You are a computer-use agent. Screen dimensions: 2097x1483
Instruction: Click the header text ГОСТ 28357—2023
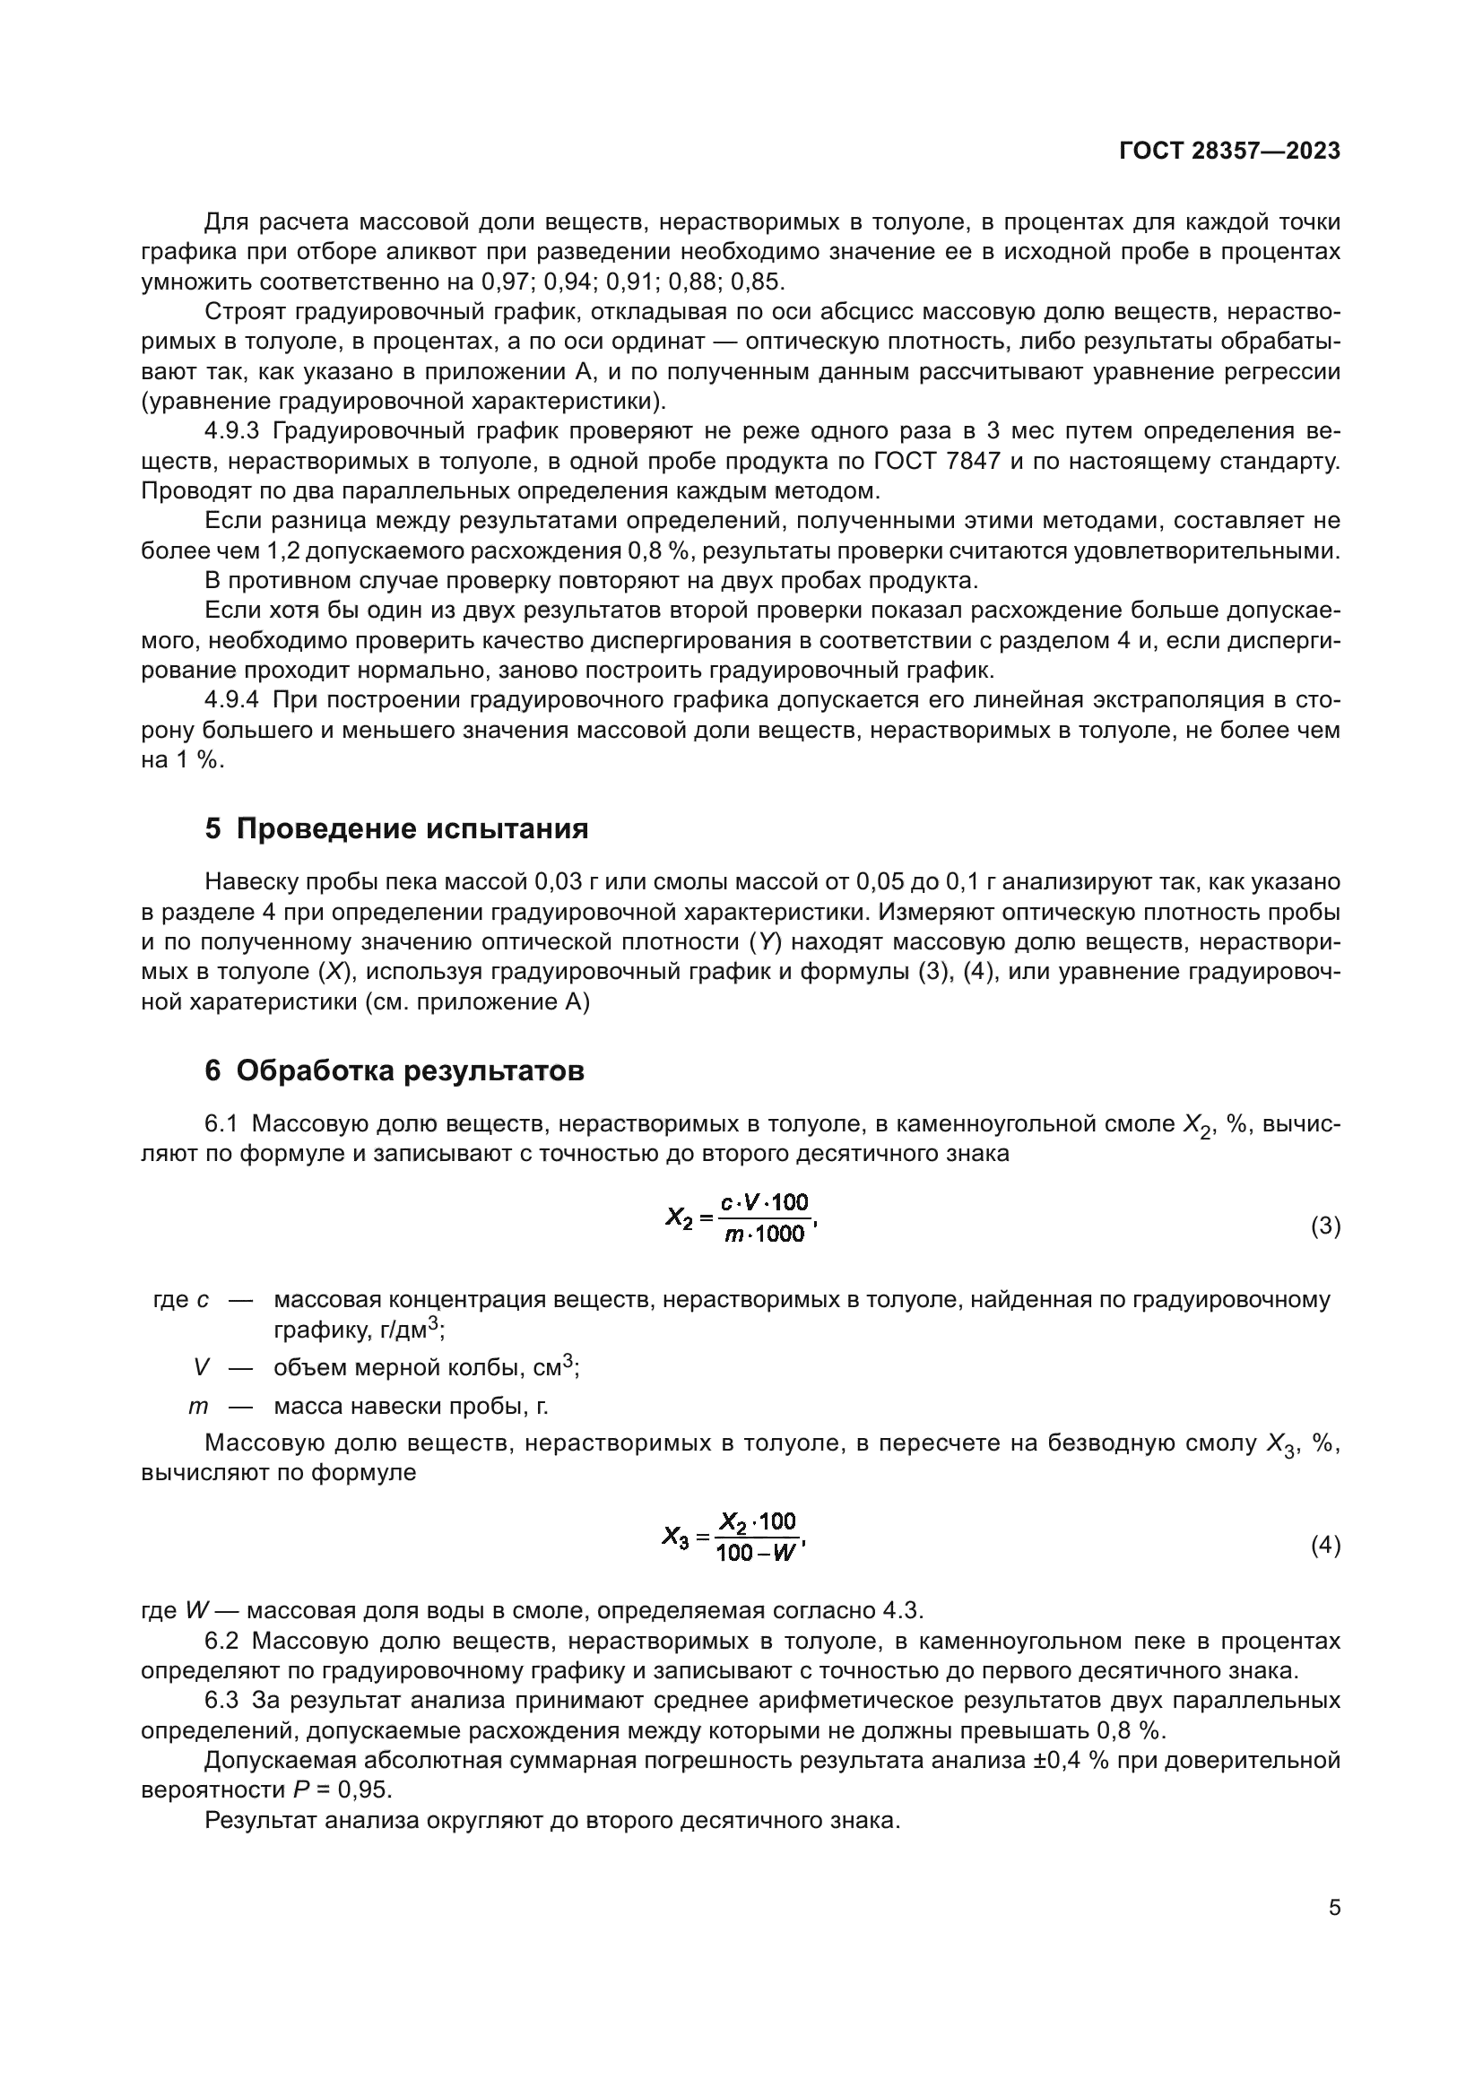1229,151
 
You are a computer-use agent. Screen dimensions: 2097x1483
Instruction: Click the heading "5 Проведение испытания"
396,829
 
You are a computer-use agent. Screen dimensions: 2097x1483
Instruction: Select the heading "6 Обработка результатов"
394,1070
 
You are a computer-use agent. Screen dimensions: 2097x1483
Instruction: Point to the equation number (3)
1325,1226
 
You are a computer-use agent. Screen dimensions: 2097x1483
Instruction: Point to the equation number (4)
1325,1547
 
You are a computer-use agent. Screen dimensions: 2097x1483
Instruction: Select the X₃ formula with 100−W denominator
734,1538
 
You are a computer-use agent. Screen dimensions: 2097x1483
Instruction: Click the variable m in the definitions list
198,1407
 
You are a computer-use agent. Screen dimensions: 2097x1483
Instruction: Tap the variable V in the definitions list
202,1368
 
